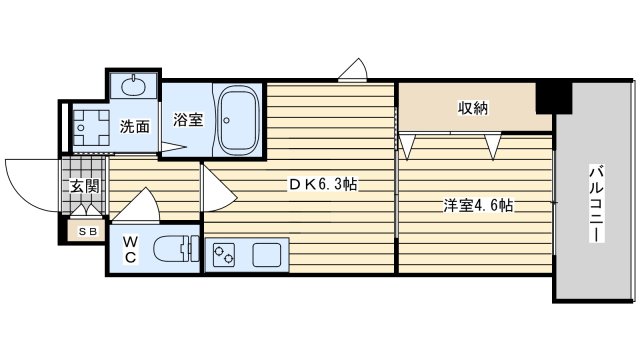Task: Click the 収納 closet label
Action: click(x=473, y=108)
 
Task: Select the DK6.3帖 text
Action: click(x=323, y=185)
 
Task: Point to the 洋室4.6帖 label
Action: click(x=479, y=206)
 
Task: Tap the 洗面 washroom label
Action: click(x=134, y=127)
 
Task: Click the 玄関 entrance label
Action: click(x=81, y=185)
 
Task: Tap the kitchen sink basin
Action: click(x=268, y=254)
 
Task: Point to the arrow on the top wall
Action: click(x=352, y=70)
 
